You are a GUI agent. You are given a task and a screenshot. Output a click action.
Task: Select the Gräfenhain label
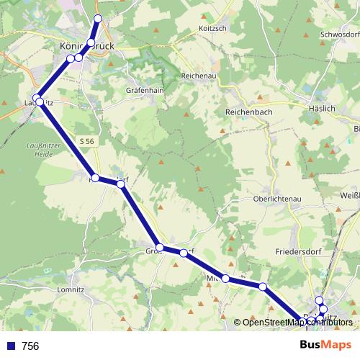pos(147,91)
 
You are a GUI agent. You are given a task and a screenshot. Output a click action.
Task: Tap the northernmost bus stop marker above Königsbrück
pos(98,18)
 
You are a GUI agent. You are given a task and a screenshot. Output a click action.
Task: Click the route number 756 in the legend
pos(30,346)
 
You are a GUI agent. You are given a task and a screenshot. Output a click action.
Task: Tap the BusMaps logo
pos(325,345)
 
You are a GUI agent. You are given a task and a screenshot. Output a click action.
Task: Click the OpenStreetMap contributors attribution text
pos(297,322)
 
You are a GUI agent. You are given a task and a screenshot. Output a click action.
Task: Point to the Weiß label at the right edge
pos(349,195)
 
